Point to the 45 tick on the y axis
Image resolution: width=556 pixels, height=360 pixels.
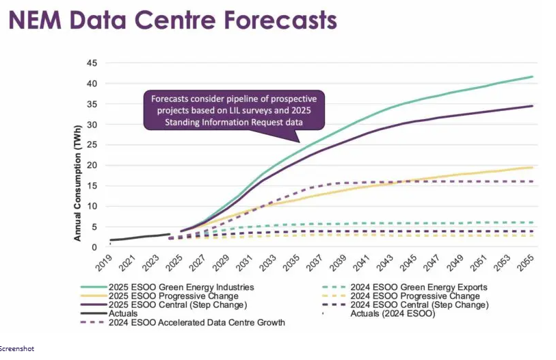(x=92, y=64)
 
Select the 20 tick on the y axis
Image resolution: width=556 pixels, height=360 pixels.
(x=92, y=166)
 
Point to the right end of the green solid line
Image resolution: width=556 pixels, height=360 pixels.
(x=533, y=77)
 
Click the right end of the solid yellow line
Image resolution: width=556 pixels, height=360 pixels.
(x=533, y=167)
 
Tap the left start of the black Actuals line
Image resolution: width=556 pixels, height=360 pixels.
(x=111, y=240)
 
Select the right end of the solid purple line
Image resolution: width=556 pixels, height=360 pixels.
(x=533, y=105)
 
